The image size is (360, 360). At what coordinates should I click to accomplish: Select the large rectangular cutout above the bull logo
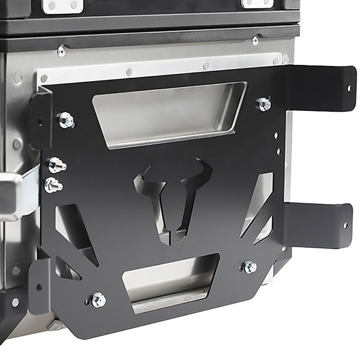pyautogui.click(x=168, y=114)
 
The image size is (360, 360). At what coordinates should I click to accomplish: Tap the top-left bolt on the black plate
pyautogui.click(x=66, y=120)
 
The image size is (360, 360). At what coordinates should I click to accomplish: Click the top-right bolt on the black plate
pyautogui.click(x=264, y=104)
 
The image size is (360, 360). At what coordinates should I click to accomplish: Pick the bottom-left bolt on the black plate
pyautogui.click(x=98, y=299)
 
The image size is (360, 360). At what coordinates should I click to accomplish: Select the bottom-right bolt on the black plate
pyautogui.click(x=250, y=266)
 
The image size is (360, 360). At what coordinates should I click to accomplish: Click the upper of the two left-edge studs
pyautogui.click(x=56, y=165)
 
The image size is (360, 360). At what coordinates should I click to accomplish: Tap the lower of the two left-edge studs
pyautogui.click(x=53, y=185)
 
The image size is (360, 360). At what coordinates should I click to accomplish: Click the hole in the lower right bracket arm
pyautogui.click(x=344, y=226)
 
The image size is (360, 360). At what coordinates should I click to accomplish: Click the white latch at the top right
pyautogui.click(x=257, y=4)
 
